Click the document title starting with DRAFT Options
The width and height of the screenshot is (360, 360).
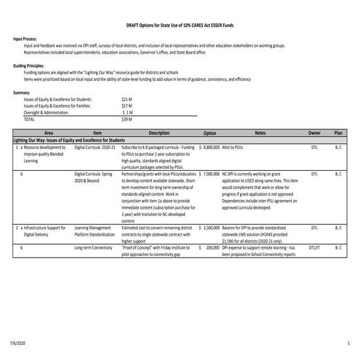tap(179, 24)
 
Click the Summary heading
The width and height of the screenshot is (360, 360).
tap(22, 93)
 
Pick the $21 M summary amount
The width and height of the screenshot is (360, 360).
tap(127, 98)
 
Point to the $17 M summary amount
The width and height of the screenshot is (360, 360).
tap(127, 105)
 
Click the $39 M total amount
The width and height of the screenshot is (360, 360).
tap(127, 119)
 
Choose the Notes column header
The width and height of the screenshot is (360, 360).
tap(260, 134)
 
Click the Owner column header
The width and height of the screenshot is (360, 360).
tap(314, 134)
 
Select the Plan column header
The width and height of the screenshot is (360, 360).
tap(338, 134)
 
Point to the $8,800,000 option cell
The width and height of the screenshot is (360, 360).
tap(209, 147)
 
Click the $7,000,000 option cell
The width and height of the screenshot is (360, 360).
tap(209, 175)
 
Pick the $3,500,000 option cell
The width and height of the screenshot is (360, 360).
tap(209, 228)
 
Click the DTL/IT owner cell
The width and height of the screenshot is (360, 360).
tap(314, 248)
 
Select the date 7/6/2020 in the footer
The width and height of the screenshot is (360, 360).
tap(19, 342)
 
